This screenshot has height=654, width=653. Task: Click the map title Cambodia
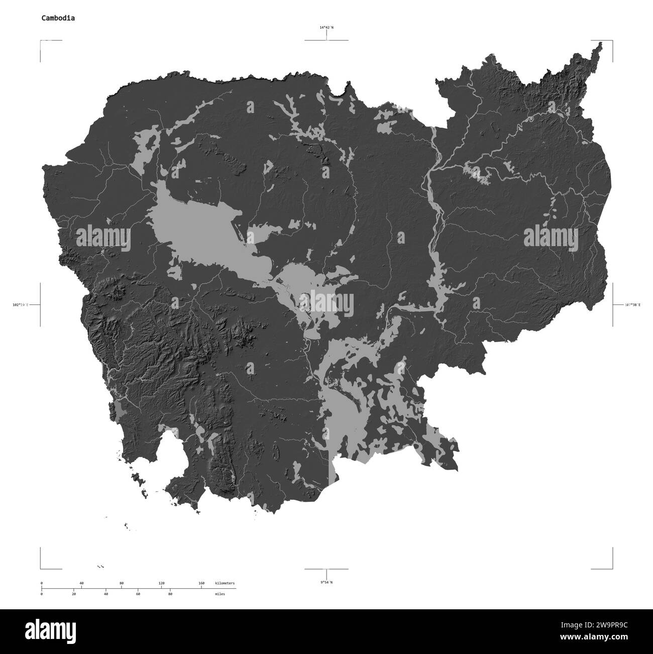(59, 18)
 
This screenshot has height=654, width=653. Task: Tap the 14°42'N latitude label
(326, 28)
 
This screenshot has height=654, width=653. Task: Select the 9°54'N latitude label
(326, 582)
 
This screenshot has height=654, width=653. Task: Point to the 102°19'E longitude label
(20, 304)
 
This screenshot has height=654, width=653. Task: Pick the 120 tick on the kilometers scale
(161, 583)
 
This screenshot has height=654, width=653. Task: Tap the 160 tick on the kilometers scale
(201, 583)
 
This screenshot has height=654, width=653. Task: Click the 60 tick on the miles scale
(138, 594)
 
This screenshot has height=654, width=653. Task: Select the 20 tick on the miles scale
(74, 594)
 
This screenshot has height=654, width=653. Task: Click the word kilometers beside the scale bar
(224, 583)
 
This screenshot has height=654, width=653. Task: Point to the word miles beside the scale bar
(220, 594)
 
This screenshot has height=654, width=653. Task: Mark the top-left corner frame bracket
(41, 41)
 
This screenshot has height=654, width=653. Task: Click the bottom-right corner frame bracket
(611, 568)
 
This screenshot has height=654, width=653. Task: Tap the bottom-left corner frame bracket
(41, 568)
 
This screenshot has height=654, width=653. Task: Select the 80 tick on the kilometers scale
(122, 583)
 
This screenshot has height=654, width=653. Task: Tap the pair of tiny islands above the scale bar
(101, 567)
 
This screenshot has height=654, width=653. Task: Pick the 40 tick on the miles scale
(106, 594)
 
